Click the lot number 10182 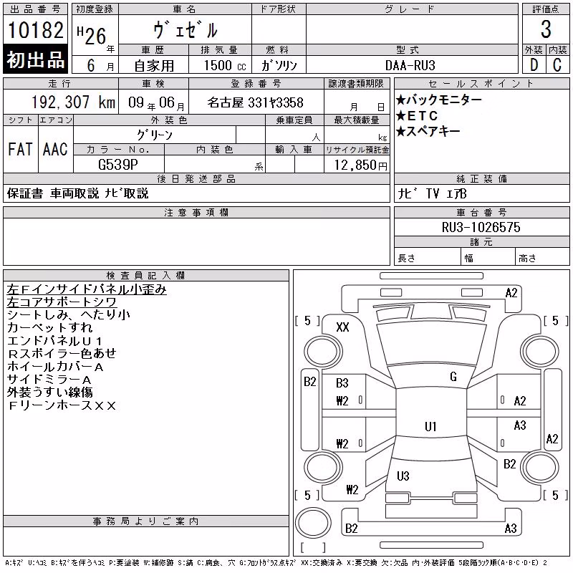click(35, 30)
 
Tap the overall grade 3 click(546, 29)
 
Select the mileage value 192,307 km click(73, 102)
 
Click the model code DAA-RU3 click(410, 65)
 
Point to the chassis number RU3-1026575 click(481, 227)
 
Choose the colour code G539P click(118, 165)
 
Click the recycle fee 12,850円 click(361, 165)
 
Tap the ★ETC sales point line click(417, 116)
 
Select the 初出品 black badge click(35, 59)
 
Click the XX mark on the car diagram click(342, 327)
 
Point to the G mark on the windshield click(453, 377)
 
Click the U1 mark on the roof click(430, 426)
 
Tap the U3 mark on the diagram click(403, 476)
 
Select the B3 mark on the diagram click(342, 383)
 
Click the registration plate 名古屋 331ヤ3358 click(256, 102)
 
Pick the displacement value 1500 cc click(225, 65)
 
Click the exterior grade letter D click(534, 65)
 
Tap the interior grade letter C click(557, 65)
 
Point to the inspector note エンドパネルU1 click(54, 341)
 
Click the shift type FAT click(21, 149)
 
